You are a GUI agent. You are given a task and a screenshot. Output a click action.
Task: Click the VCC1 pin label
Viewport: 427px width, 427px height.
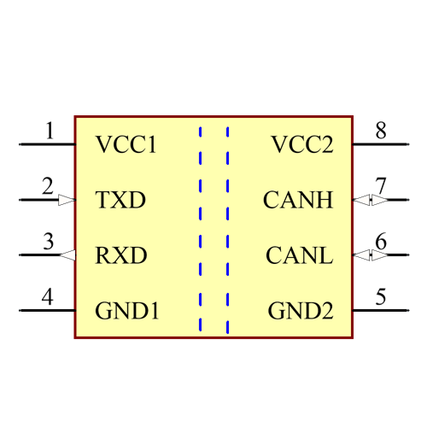pos(126,144)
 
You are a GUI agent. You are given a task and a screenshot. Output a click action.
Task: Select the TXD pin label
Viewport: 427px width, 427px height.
pos(120,201)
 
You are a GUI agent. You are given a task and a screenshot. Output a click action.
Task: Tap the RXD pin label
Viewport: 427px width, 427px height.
pos(121,255)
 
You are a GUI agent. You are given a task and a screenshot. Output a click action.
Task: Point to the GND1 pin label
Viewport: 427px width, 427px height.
pos(127,311)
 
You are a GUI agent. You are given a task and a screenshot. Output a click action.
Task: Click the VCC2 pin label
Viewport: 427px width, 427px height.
pos(301,144)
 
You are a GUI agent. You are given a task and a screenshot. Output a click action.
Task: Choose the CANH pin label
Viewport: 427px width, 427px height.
pos(298,201)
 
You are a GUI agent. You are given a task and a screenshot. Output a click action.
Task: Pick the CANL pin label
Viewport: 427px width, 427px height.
pos(299,255)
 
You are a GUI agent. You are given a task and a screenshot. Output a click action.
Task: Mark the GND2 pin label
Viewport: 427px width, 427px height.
pos(301,311)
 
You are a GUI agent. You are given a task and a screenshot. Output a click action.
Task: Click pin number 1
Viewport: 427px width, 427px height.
pos(49,131)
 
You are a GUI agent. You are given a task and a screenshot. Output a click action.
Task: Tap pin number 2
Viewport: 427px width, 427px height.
pos(48,186)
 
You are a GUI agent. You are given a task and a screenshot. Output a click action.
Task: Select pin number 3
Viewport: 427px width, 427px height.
pos(49,242)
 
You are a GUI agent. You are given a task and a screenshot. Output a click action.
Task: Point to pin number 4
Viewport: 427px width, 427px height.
pos(48,296)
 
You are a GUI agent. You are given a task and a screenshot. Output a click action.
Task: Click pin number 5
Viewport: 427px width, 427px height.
pos(380,296)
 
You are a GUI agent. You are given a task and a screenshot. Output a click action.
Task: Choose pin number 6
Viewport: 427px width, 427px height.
pos(380,242)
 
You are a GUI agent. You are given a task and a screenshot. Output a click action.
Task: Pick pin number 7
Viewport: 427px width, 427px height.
pos(380,186)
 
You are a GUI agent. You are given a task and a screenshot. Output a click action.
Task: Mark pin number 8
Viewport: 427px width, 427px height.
pos(380,131)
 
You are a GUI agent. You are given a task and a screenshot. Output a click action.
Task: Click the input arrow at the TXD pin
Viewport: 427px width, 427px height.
pos(67,201)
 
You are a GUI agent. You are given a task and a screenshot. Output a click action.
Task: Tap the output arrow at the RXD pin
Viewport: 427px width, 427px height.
pos(68,255)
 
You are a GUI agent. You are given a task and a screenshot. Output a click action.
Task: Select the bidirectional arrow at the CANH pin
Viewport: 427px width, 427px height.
pos(371,201)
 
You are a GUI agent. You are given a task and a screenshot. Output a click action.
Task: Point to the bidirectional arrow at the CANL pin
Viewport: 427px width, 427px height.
pos(371,255)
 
